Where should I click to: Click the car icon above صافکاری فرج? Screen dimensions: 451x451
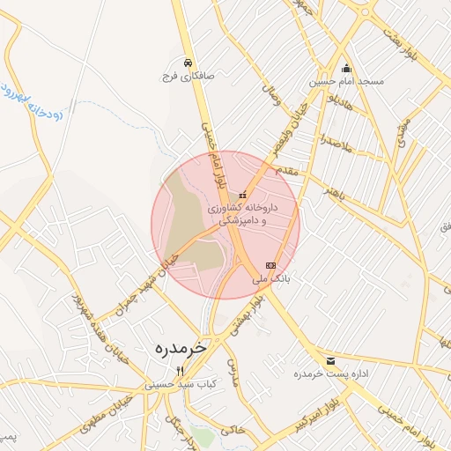(189, 63)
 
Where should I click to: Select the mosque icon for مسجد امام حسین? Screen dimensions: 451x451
(346, 69)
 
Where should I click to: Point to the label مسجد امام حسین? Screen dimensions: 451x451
(346, 82)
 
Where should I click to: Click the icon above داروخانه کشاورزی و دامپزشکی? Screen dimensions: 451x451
(242, 195)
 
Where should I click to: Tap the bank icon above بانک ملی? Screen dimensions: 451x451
(270, 265)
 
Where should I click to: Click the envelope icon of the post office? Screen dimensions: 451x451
(330, 361)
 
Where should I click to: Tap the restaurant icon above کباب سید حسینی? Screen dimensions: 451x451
(181, 371)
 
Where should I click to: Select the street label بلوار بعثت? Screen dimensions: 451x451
(399, 41)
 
